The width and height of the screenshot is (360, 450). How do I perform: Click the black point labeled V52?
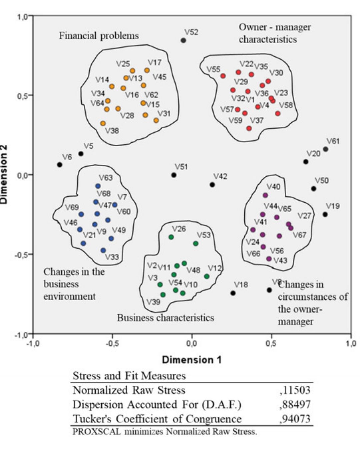(183, 40)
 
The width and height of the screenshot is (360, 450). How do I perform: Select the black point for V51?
(174, 175)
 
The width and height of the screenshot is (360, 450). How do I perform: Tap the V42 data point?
(212, 185)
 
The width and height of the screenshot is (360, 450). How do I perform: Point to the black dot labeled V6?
(60, 165)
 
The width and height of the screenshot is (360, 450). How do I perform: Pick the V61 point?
(326, 149)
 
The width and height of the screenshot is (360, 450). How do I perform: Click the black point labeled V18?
(233, 293)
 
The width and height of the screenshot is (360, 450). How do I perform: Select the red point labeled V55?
(223, 76)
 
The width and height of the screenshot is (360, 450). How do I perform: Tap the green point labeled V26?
(171, 237)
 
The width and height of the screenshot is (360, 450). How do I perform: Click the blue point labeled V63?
(98, 186)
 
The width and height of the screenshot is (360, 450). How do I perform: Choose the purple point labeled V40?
(265, 195)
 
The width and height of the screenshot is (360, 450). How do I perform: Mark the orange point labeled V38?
(103, 123)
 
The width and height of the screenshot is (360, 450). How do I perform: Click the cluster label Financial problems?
(99, 36)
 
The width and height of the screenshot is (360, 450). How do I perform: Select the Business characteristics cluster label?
(165, 318)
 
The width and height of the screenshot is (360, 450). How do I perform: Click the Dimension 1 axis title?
(192, 360)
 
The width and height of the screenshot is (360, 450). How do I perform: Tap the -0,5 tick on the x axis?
(112, 344)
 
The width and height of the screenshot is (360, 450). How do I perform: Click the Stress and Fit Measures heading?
(129, 376)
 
